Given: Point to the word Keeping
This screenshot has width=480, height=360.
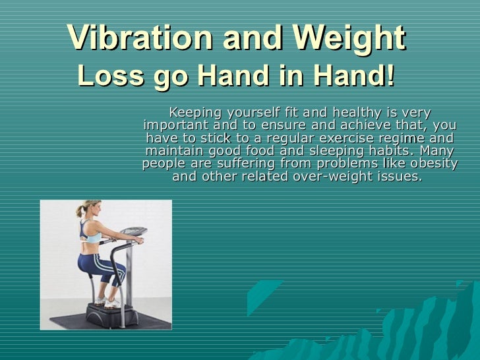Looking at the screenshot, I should pyautogui.click(x=195, y=112).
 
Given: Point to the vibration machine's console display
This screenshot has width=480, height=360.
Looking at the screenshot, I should pyautogui.click(x=135, y=231).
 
